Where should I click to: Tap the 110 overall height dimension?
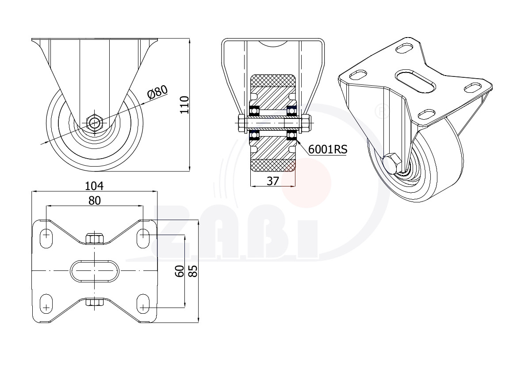[185, 105]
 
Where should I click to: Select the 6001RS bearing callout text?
[328, 149]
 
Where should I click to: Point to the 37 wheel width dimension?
[273, 181]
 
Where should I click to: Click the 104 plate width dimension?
[94, 186]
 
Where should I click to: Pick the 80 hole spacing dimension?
[95, 200]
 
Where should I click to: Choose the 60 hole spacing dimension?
[180, 271]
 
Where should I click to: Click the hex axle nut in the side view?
[95, 123]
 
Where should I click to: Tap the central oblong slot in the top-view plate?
[95, 271]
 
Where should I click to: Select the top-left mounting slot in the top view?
[46, 235]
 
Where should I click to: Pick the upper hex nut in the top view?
[95, 239]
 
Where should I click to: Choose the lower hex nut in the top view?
[95, 302]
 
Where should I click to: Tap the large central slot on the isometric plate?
[415, 81]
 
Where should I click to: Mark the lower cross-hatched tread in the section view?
[273, 166]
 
